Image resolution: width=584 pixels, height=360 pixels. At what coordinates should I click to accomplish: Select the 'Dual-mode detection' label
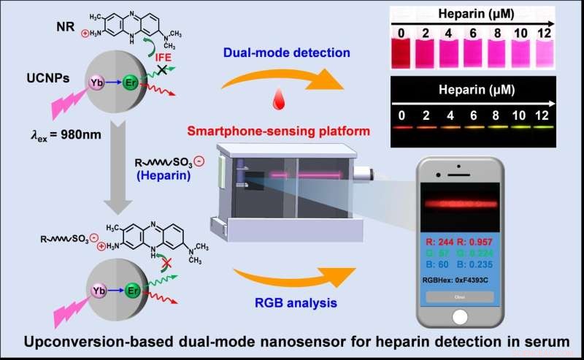click(256, 53)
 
